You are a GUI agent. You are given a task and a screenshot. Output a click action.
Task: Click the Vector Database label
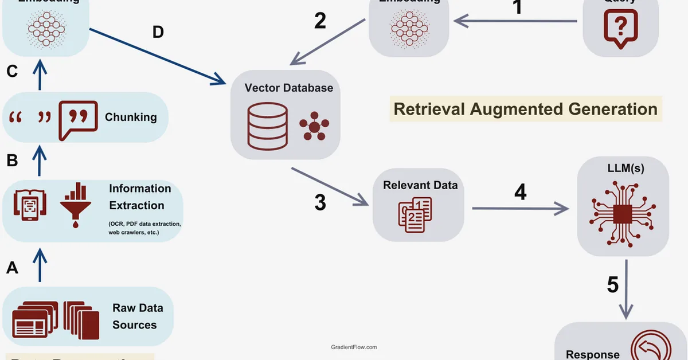(x=288, y=88)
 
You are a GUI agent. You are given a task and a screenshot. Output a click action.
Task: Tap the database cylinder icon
(x=267, y=126)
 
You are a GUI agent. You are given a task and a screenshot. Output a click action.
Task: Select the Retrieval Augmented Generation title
(x=525, y=108)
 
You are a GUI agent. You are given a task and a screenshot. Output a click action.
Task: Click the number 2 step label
(x=320, y=21)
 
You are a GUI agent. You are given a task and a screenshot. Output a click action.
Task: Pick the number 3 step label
(x=320, y=202)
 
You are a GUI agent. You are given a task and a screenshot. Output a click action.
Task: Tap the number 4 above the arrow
(x=520, y=192)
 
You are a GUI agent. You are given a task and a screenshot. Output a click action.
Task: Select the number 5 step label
(x=613, y=285)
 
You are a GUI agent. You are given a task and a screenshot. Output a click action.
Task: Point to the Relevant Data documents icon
(x=415, y=214)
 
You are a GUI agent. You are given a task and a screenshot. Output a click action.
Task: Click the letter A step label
(x=12, y=267)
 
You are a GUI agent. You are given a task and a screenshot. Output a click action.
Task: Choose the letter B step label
(x=12, y=161)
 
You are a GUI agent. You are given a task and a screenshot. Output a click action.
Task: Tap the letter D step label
(x=158, y=32)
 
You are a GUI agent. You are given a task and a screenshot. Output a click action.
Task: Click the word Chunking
(x=131, y=117)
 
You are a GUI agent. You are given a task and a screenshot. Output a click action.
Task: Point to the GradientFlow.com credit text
(x=354, y=347)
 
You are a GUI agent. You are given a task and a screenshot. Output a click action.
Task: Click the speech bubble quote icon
(x=75, y=119)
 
